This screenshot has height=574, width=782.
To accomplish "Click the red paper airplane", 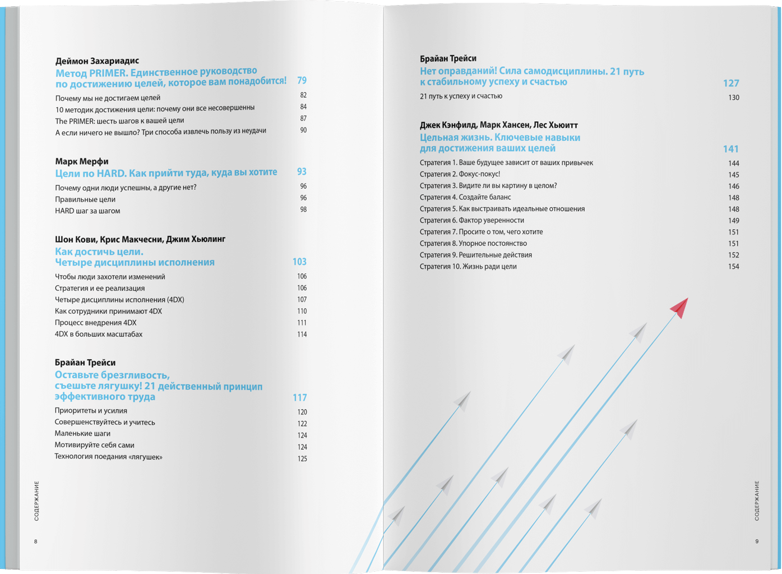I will pos(679,307).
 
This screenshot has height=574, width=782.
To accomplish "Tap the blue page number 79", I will pos(302,81).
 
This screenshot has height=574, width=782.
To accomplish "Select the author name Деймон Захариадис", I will pos(97,61).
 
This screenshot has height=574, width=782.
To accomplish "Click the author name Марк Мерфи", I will pos(82,161).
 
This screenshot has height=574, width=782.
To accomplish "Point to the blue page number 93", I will pos(302,172).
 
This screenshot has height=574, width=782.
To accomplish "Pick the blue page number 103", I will pos(299,262).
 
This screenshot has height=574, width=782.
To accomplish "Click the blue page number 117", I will pos(299,398).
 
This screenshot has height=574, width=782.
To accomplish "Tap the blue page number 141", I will pos(730,149).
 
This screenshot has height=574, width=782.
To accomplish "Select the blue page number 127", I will pos(730,84).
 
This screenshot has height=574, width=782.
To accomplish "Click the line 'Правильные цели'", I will pos(85,199).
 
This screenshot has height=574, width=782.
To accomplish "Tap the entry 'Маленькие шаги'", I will pos(82,433).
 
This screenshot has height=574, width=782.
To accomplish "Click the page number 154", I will pos(733,267).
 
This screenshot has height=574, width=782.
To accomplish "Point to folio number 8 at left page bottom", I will pos(36,541).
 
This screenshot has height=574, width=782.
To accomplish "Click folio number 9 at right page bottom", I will pos(757,541).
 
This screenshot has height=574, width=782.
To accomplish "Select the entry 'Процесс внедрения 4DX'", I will pos(95,323).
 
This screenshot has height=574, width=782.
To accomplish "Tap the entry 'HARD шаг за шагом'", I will pos(87,211).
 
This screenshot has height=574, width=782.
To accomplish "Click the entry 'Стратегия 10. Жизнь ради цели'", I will pos(468,267).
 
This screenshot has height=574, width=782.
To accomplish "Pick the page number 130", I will pos(733,98).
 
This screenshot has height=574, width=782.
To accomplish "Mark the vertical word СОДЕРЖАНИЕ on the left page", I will pos(36,501).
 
